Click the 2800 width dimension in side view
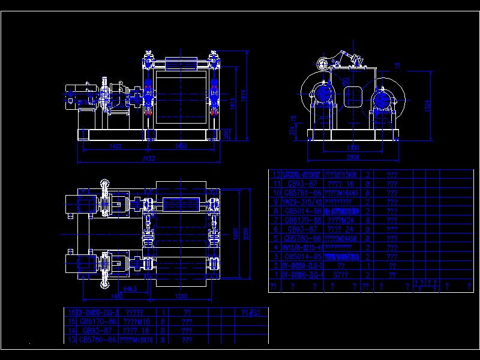[352, 157]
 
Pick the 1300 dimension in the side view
[353, 147]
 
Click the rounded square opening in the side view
[352, 95]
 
